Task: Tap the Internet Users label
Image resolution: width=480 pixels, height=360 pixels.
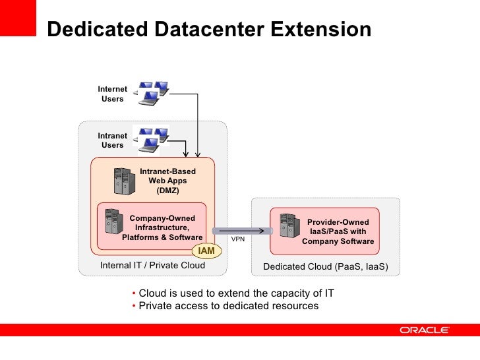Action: (112, 94)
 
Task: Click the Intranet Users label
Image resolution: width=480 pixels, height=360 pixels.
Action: (112, 140)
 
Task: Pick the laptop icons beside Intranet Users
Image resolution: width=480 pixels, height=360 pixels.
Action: (151, 138)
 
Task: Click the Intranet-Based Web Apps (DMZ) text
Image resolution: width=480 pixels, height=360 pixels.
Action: (167, 181)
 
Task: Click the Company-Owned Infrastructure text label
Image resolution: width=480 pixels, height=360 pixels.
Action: (162, 227)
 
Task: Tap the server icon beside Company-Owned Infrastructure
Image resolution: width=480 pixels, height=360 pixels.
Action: (111, 224)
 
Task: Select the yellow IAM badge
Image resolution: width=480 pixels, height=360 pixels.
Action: (206, 251)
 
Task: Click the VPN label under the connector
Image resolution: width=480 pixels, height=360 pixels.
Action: (238, 239)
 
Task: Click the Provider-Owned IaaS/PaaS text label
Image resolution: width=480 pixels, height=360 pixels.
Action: (338, 232)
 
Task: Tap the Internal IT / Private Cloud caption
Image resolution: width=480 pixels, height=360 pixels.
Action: (152, 266)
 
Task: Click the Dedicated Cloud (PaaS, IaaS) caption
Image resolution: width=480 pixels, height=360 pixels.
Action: (326, 267)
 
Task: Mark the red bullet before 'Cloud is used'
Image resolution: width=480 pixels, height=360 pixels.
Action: (134, 293)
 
